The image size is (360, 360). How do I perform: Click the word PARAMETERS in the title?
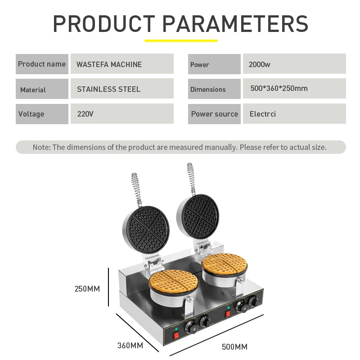235,24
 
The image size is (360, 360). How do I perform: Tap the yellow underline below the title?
181,40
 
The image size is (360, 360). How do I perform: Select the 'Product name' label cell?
42,64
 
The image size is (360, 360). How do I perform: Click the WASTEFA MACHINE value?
109,64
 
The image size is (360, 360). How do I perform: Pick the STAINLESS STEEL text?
108,89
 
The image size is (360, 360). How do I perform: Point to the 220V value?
85,114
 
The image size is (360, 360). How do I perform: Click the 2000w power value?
260,64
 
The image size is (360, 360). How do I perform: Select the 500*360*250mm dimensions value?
279,88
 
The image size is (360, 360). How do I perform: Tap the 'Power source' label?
215,114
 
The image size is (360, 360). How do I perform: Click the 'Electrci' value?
263,114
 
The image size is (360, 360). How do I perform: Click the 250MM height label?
87,288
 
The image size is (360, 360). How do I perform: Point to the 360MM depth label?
130,345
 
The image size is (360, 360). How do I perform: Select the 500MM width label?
234,346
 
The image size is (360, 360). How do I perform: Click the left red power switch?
176,336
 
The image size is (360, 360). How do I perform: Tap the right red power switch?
228,313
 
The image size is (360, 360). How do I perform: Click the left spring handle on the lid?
136,190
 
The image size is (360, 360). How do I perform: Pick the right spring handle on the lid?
191,179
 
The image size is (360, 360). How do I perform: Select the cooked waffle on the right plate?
225,264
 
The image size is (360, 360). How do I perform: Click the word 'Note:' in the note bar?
41,147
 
